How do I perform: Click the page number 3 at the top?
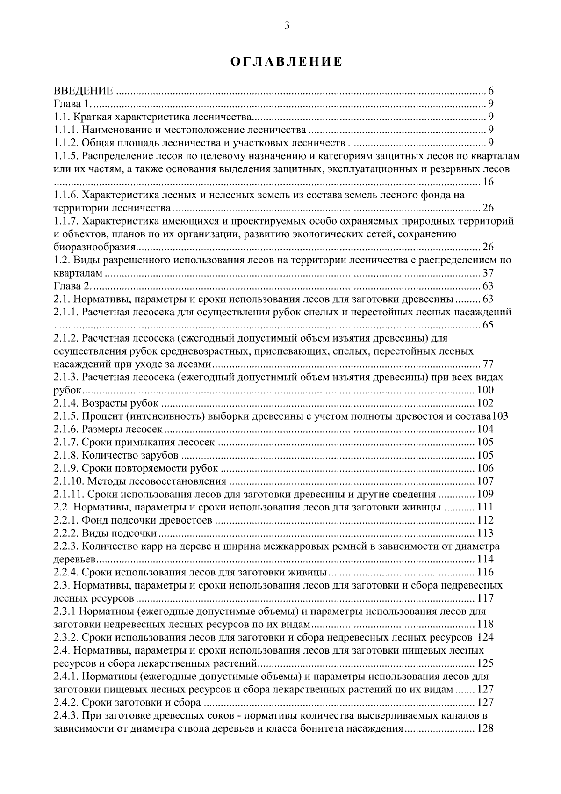pyautogui.click(x=287, y=26)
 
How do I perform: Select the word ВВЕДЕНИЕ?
pyautogui.click(x=83, y=91)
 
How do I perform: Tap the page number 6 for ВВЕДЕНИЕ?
pyautogui.click(x=491, y=91)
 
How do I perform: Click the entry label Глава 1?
pyautogui.click(x=68, y=104)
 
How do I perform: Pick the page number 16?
pyautogui.click(x=488, y=182)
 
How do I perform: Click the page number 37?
pyautogui.click(x=488, y=273)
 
